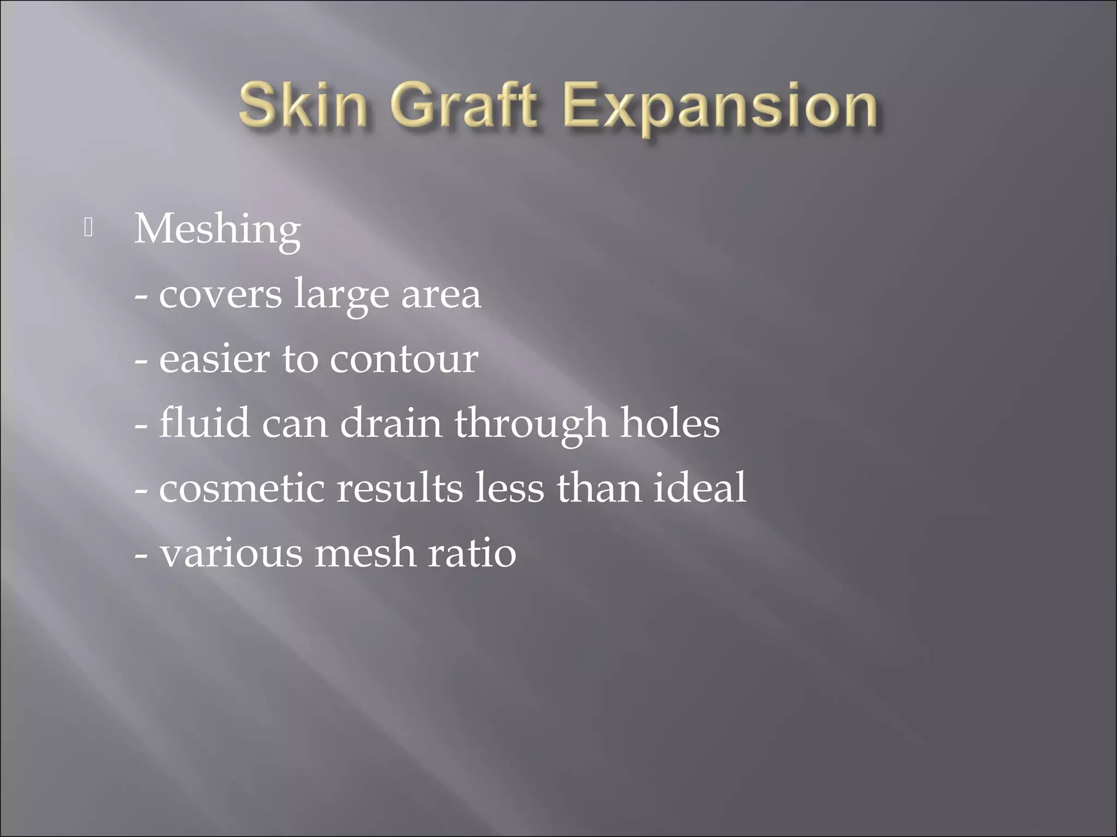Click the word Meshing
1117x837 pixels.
tap(217, 230)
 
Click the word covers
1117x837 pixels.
tap(220, 295)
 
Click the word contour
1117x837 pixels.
tap(404, 360)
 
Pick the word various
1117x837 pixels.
tap(231, 553)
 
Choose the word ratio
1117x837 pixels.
tap(472, 553)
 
